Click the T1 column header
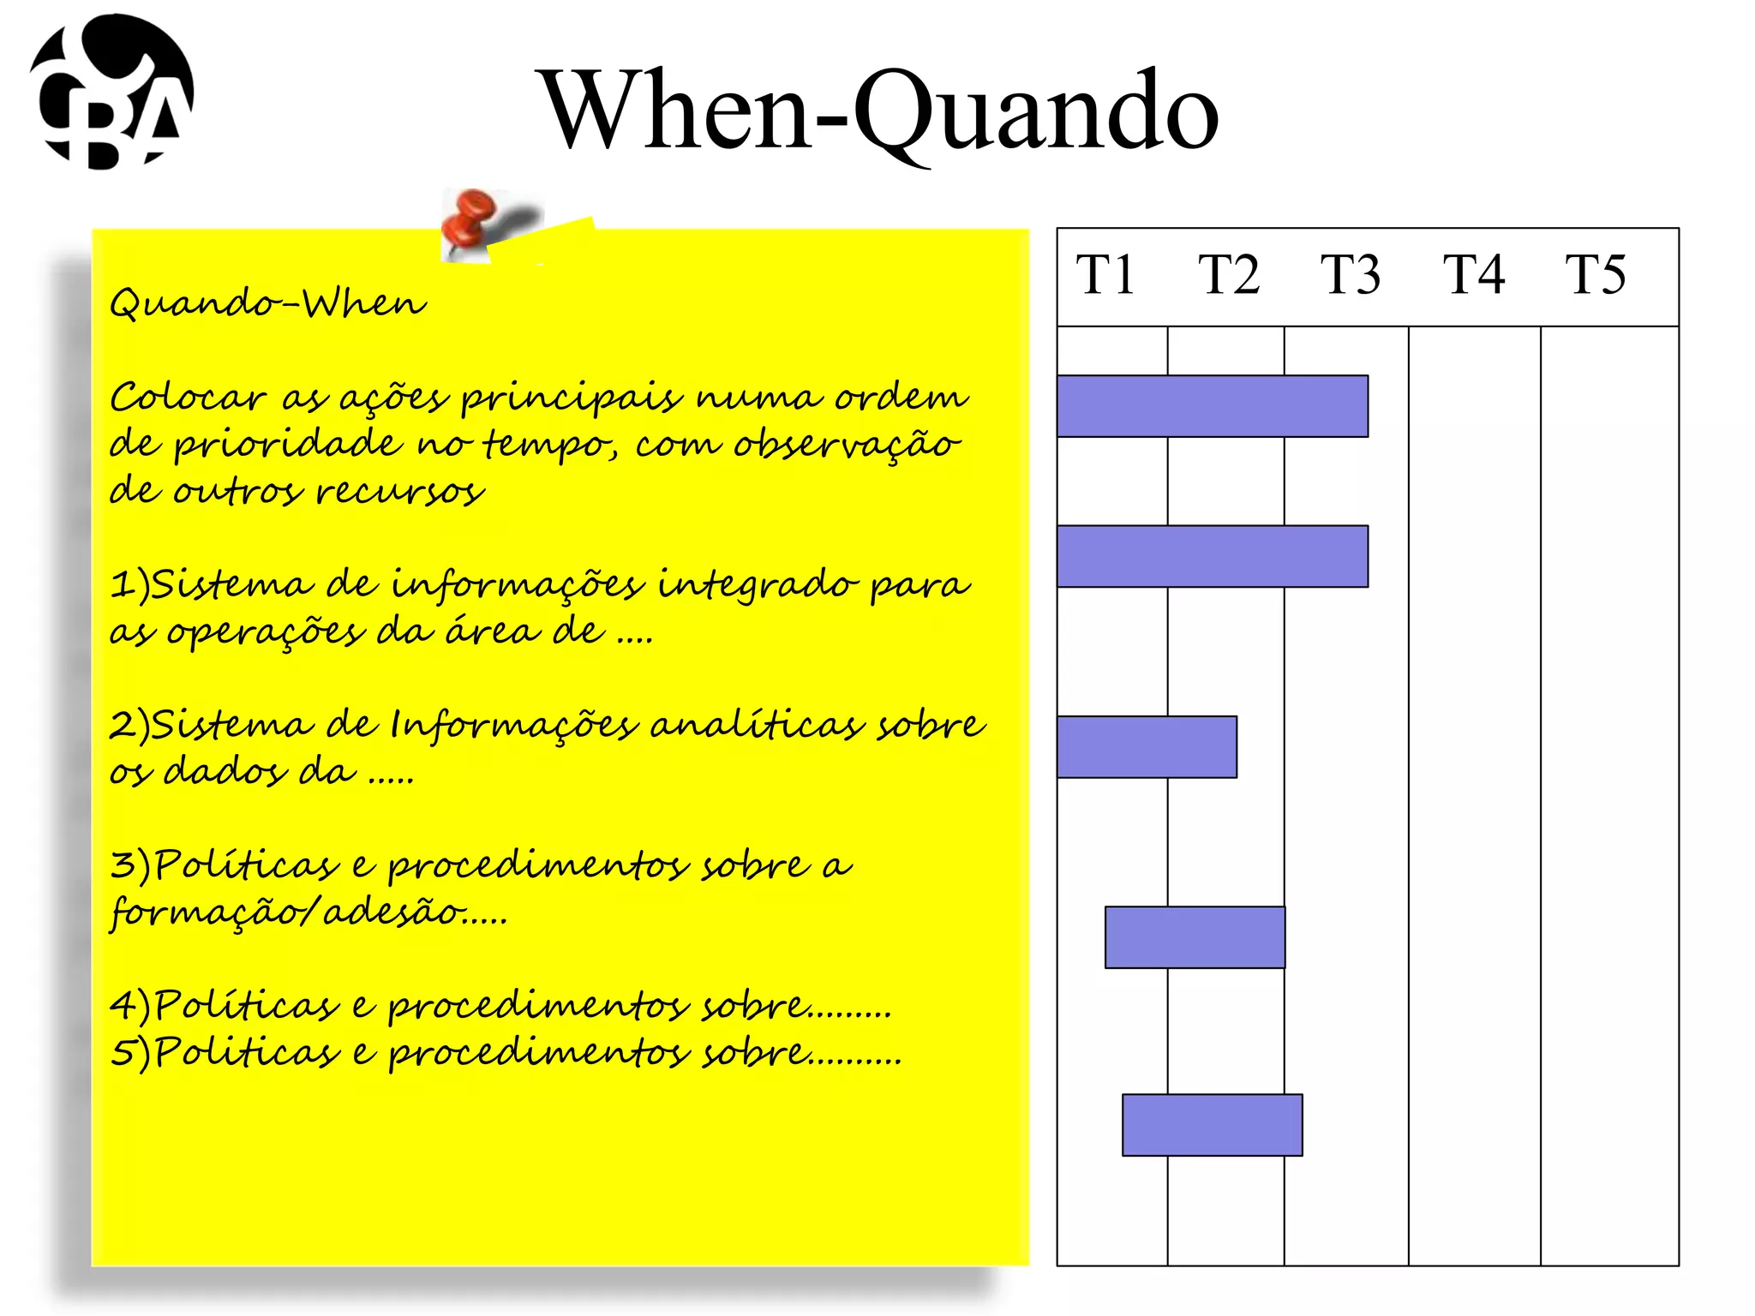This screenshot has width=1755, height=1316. pyautogui.click(x=1105, y=275)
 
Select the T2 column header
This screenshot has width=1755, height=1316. pyautogui.click(x=1228, y=275)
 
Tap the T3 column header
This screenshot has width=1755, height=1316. pyautogui.click(x=1350, y=275)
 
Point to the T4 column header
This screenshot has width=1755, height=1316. pyautogui.click(x=1473, y=275)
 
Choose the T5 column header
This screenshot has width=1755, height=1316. pyautogui.click(x=1595, y=275)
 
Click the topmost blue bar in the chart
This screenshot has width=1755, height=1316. pyautogui.click(x=1212, y=406)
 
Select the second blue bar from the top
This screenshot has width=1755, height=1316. pyautogui.click(x=1212, y=556)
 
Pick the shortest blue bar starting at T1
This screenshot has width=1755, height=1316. pyautogui.click(x=1147, y=747)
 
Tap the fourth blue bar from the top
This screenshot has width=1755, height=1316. pyautogui.click(x=1195, y=937)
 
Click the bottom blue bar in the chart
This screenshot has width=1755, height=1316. pyautogui.click(x=1212, y=1125)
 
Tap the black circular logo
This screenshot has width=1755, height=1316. pyautogui.click(x=112, y=92)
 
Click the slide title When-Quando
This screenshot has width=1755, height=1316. pyautogui.click(x=877, y=111)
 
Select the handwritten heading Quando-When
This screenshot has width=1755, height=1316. pyautogui.click(x=267, y=303)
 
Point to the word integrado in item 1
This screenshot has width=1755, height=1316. pyautogui.click(x=758, y=585)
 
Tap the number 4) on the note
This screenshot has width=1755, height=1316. pyautogui.click(x=129, y=1006)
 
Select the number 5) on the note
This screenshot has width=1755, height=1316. pyautogui.click(x=129, y=1053)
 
